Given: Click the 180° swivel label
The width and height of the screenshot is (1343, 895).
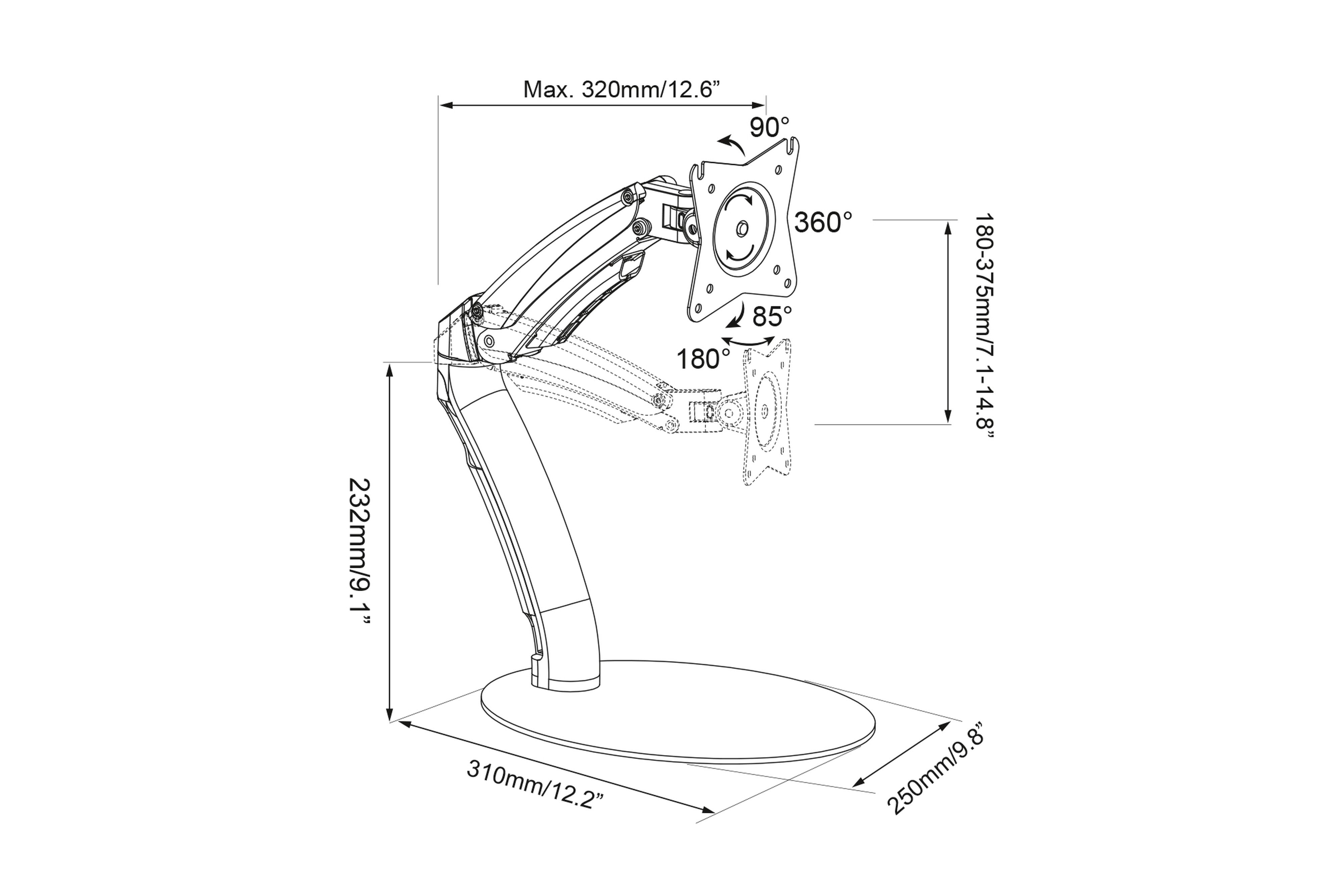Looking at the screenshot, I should tap(703, 359).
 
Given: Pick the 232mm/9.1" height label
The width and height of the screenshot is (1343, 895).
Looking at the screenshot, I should tap(360, 552).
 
